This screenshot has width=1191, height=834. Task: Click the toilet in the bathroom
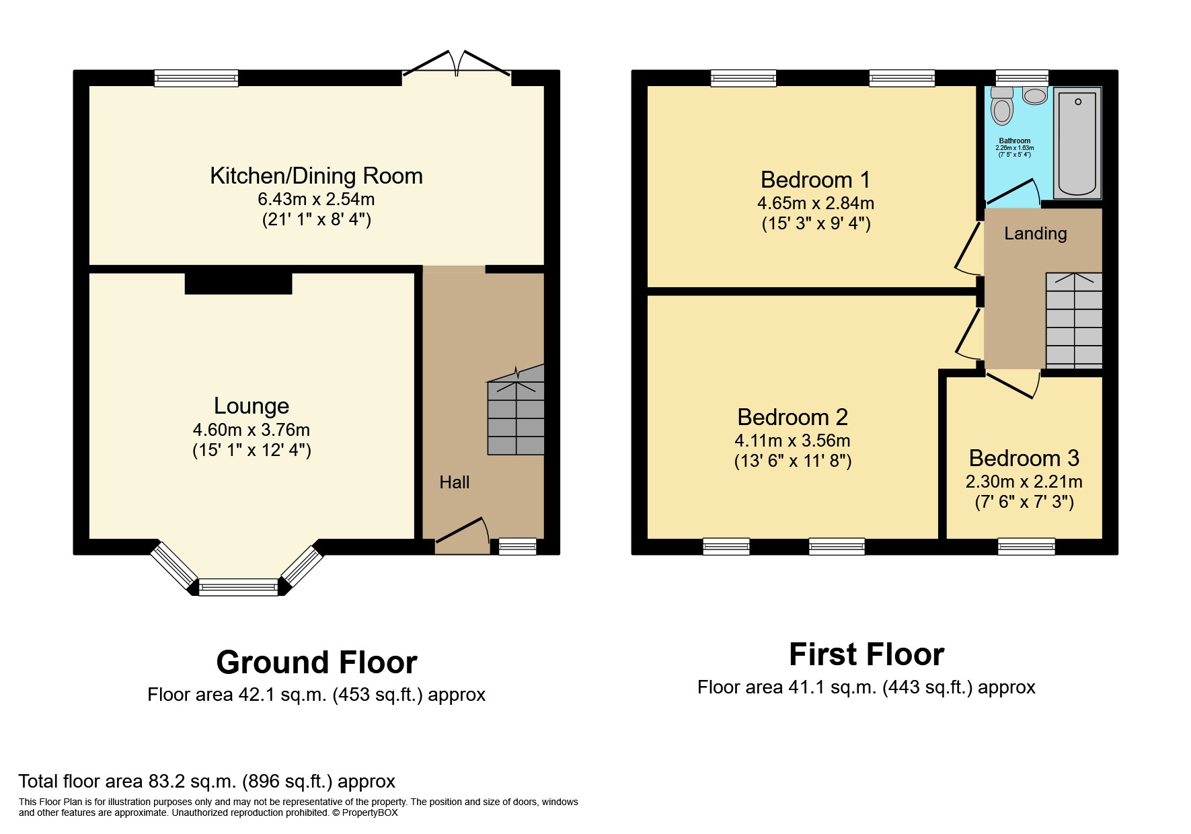(1002, 108)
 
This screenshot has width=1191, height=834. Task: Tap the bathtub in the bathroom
(1077, 143)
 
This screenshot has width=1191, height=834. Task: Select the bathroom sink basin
(1035, 96)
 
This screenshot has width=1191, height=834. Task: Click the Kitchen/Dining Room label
(316, 176)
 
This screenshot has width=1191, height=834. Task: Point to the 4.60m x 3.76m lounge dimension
(252, 429)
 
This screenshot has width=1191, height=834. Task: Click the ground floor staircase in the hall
(516, 417)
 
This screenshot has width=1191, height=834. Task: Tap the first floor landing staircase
(1074, 320)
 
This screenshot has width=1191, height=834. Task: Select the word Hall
(455, 482)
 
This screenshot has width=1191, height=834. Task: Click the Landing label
(1035, 233)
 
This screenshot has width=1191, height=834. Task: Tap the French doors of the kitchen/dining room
(457, 64)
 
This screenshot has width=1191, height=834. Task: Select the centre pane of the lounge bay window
(238, 587)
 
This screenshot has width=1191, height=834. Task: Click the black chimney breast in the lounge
(238, 282)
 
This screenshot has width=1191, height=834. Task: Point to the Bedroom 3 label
(1024, 458)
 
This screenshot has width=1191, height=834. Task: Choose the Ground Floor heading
(316, 662)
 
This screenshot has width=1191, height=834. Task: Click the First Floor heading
(866, 654)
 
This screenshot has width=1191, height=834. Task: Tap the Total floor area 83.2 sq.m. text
(206, 781)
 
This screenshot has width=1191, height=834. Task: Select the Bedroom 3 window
(1026, 546)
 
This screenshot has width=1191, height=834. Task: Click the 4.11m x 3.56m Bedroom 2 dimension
(792, 441)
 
